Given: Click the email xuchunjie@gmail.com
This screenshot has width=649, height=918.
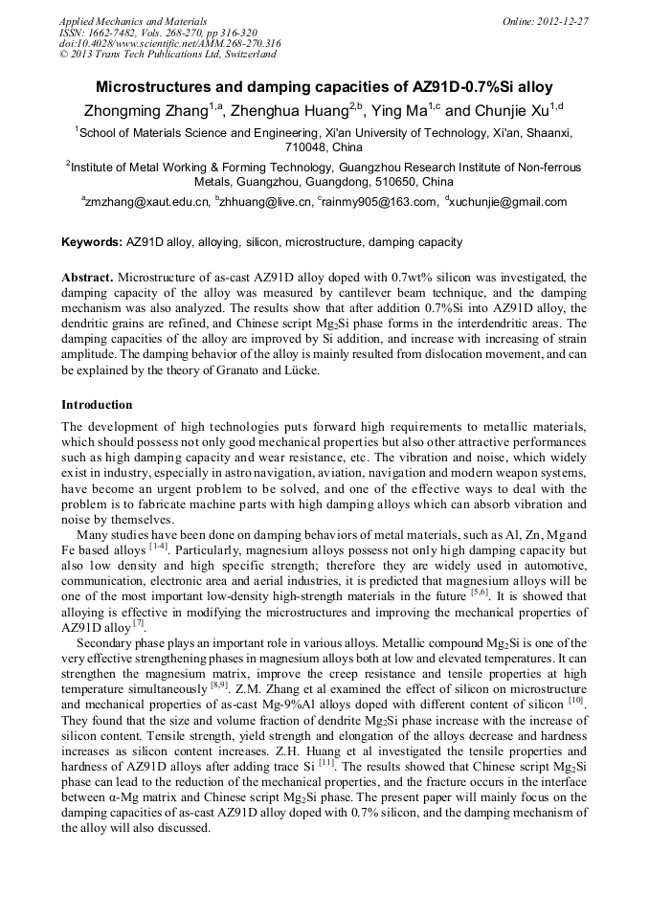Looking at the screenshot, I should coord(509,202).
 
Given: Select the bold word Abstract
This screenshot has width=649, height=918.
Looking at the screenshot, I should coord(88,276).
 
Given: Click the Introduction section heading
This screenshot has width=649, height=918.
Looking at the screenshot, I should coord(97,405).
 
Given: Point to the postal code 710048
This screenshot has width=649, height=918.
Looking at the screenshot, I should coord(305,147).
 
